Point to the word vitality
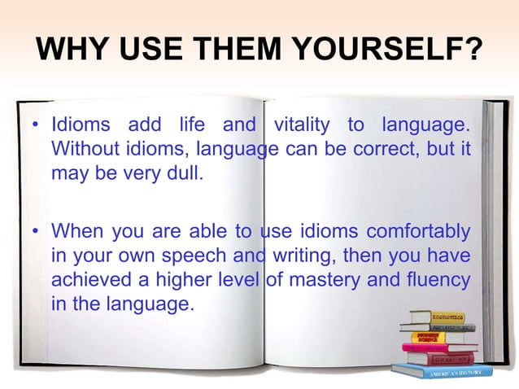[x=303, y=127]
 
